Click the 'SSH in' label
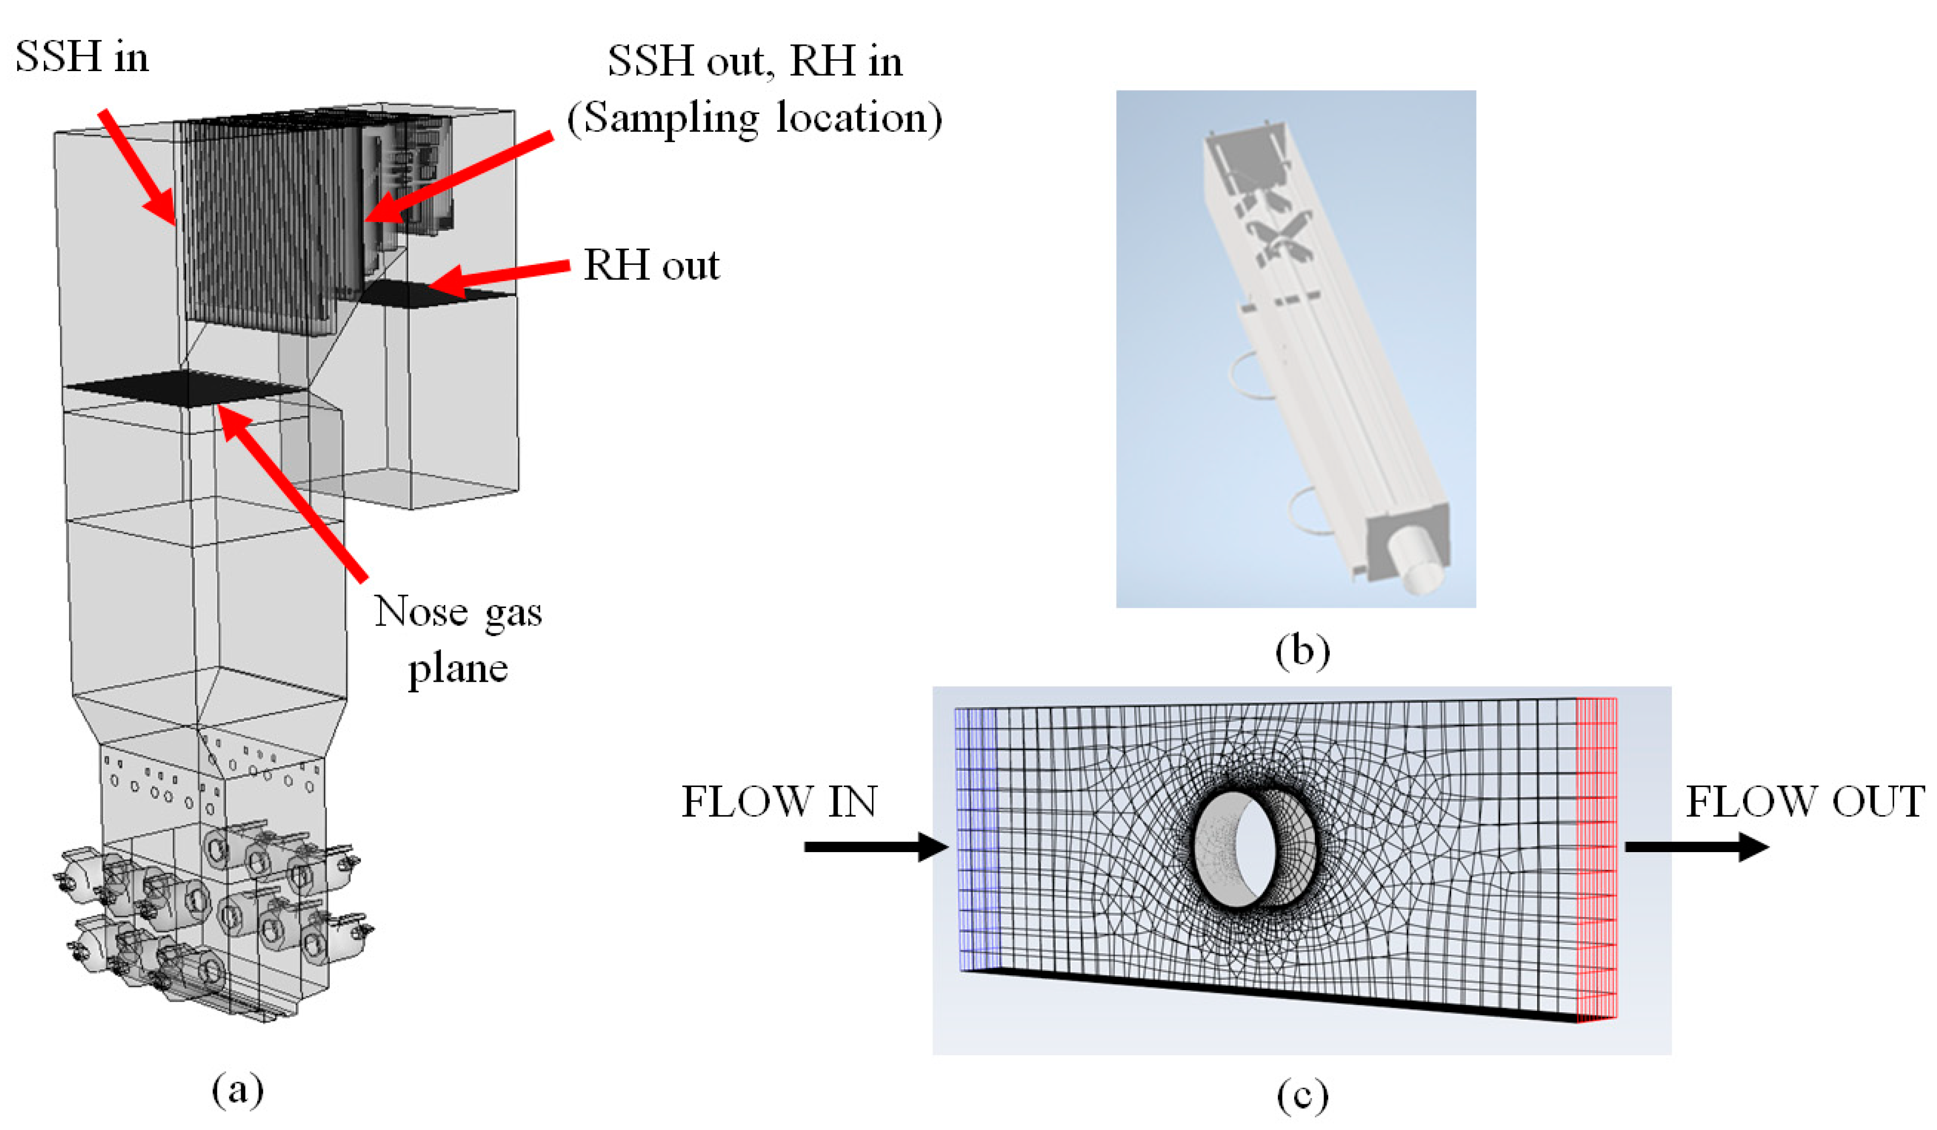[x=81, y=57]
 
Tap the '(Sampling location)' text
[x=755, y=118]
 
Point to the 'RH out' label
[x=651, y=265]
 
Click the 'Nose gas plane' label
[x=458, y=639]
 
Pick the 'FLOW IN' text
[x=780, y=802]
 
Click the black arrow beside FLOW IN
[x=876, y=847]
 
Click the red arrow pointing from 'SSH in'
[x=139, y=168]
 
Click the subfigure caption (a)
[x=237, y=1090]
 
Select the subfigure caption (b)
[x=1302, y=651]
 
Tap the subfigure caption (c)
[x=1302, y=1094]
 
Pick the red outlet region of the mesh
[x=1597, y=860]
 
